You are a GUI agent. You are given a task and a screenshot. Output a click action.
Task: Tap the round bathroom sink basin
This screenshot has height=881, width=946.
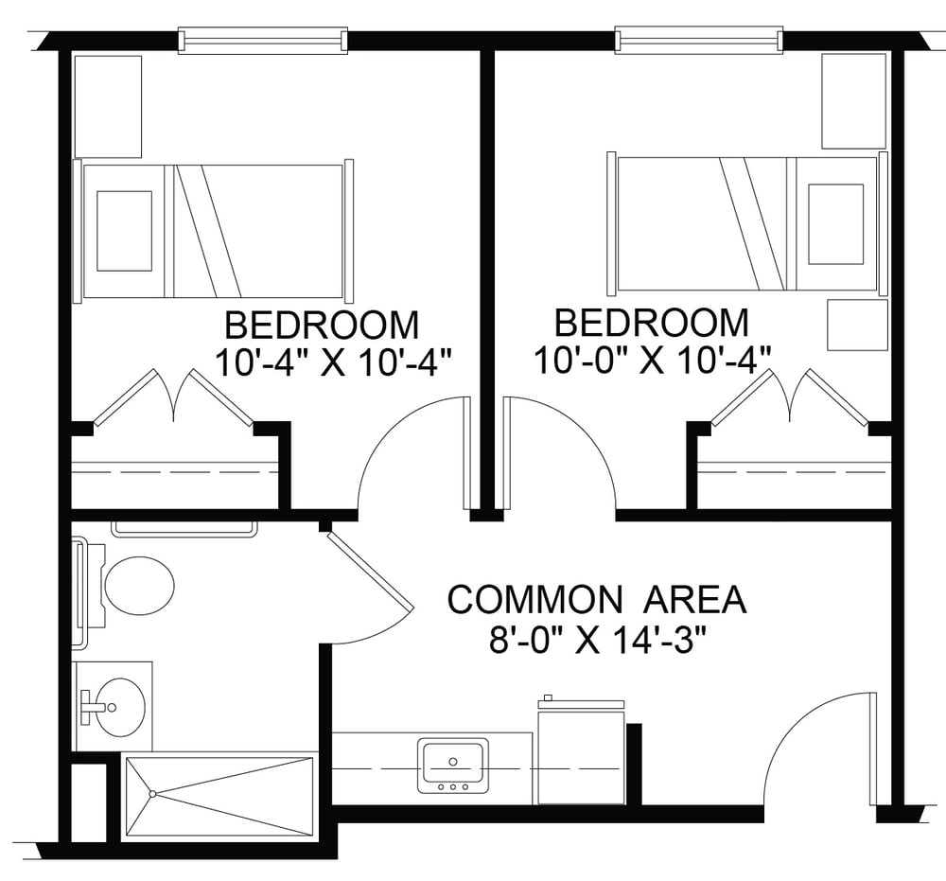point(121,706)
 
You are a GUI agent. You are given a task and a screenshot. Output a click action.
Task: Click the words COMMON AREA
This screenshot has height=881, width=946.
point(597,600)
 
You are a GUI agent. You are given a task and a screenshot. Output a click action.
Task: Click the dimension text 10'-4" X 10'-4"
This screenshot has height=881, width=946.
point(333,362)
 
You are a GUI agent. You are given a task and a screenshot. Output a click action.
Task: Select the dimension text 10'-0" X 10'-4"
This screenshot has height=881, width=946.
point(653,361)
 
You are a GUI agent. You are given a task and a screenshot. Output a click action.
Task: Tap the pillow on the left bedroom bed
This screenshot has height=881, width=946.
point(124,231)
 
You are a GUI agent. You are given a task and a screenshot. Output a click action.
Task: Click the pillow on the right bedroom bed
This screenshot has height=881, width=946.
point(835,224)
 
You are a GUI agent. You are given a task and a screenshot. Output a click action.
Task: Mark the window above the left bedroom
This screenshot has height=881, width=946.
point(262,40)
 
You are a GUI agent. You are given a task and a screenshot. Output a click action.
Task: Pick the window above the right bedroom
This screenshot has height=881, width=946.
point(699,39)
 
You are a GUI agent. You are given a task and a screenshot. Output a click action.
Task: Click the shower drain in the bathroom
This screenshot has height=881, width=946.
point(153,794)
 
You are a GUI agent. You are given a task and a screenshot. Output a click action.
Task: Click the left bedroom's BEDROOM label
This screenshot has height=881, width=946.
point(322,326)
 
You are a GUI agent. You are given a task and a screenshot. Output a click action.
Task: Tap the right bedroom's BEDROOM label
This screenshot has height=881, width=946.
point(652,323)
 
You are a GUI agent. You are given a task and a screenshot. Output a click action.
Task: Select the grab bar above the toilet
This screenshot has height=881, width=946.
point(184,529)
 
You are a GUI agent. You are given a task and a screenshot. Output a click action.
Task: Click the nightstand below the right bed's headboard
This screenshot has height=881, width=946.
point(857,325)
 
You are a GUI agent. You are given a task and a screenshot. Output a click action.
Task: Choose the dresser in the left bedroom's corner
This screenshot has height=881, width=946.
point(108,107)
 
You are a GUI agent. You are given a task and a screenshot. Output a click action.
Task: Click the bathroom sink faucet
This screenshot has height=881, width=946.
point(91,707)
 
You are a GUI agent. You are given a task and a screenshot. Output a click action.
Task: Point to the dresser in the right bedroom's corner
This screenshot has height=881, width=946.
point(853,100)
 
